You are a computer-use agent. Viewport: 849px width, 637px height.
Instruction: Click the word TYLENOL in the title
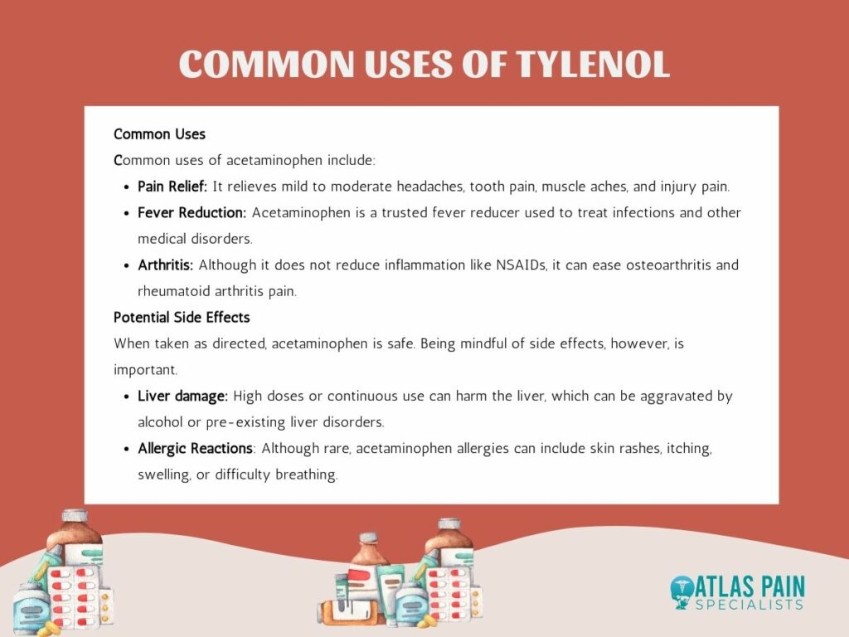point(592,64)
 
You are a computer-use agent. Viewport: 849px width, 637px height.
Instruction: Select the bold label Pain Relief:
point(172,187)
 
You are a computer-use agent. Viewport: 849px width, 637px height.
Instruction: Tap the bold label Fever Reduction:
point(192,212)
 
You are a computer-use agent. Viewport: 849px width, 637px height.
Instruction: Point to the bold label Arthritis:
point(165,265)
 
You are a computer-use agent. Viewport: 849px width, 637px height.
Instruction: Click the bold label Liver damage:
point(182,396)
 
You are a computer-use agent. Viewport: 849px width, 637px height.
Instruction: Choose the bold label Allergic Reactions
point(195,449)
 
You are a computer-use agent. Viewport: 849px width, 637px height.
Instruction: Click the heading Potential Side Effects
point(182,318)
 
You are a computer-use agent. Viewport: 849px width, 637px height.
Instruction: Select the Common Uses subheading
point(160,134)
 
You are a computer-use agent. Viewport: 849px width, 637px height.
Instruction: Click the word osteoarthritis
point(668,265)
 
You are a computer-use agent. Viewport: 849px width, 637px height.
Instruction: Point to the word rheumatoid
point(173,291)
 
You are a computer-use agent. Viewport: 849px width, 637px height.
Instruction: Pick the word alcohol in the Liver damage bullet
point(160,422)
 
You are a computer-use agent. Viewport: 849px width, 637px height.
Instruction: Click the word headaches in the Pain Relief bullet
point(430,187)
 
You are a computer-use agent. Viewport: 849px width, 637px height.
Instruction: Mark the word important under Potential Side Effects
point(145,370)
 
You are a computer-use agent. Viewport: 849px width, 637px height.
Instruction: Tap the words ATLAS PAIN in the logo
point(750,587)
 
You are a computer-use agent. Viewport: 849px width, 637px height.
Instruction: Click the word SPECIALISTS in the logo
point(750,605)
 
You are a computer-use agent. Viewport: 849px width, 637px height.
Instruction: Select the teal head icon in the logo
point(682,592)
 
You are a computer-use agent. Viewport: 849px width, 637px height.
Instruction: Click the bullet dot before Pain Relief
point(126,187)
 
